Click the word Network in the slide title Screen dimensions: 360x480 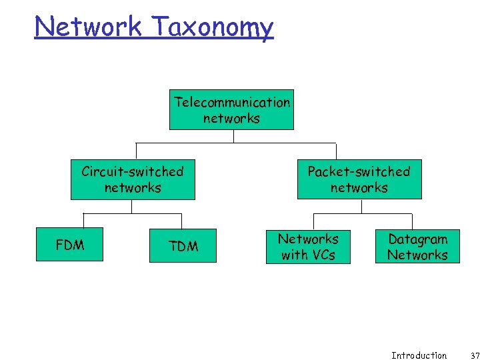tap(88, 27)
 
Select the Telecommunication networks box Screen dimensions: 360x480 tap(231, 110)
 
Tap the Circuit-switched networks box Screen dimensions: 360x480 tap(133, 179)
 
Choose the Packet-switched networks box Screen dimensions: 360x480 tap(359, 179)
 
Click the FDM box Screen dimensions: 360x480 tap(70, 245)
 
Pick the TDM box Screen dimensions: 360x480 tap(183, 246)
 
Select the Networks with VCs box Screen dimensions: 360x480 tap(308, 247)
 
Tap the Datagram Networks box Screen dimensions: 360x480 tap(417, 247)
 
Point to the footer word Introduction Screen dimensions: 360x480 tap(419, 355)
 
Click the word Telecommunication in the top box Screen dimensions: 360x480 tap(232, 102)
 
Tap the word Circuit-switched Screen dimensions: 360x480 tap(133, 171)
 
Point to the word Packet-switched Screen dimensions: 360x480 tap(359, 171)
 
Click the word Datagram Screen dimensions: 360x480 tap(417, 239)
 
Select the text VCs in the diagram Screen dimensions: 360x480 tap(322, 255)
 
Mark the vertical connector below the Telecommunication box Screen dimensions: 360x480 tap(234, 136)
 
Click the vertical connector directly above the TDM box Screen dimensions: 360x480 tap(181, 221)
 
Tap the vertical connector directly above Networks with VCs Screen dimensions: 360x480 tap(313, 221)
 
